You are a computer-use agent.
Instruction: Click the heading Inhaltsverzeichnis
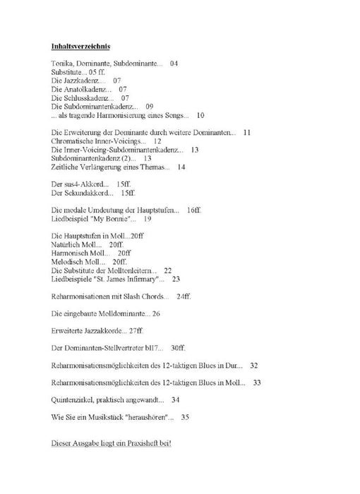[80, 47]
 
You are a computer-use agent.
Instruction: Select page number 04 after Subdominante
[174, 64]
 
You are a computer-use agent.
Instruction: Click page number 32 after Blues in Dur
[254, 365]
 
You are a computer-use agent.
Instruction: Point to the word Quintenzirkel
[76, 399]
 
